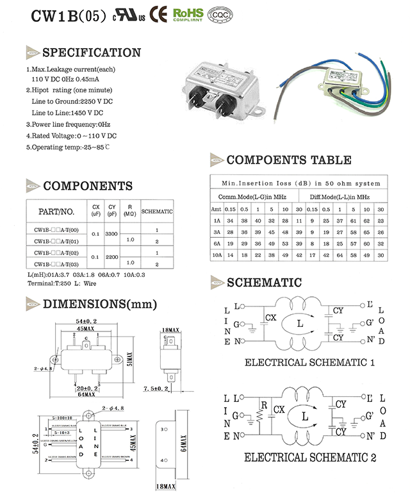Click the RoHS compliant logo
click(188, 14)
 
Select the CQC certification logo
click(221, 14)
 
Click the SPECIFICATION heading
click(91, 53)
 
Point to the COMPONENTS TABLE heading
click(288, 160)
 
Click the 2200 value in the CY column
click(111, 256)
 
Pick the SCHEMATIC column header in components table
click(156, 211)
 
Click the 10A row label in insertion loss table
click(217, 255)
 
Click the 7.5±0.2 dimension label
click(155, 389)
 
